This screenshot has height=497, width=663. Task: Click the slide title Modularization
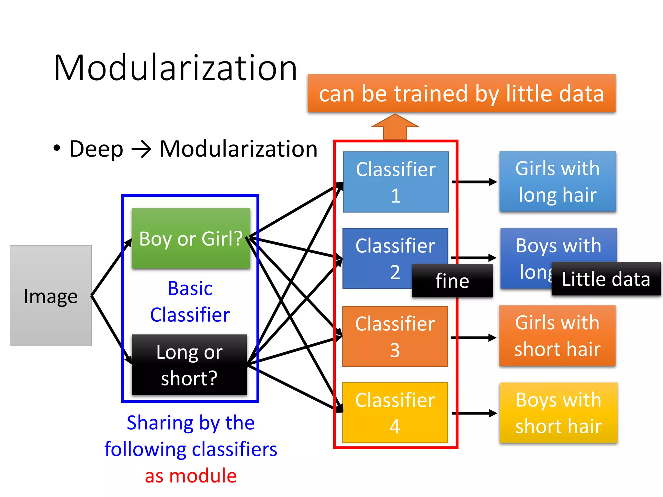tap(175, 68)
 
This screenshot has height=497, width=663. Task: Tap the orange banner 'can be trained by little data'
tap(461, 93)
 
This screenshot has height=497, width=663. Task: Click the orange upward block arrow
tap(395, 127)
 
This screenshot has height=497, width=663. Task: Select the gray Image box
tap(51, 296)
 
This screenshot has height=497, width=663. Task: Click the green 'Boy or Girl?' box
tap(191, 238)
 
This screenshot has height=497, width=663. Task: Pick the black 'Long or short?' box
tap(189, 365)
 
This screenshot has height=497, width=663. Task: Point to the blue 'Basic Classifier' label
tap(190, 301)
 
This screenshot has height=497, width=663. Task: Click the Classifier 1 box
tap(396, 182)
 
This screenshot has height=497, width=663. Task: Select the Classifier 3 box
tap(395, 336)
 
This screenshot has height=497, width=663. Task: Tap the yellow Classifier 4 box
tap(395, 413)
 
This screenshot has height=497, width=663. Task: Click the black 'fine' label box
tap(452, 281)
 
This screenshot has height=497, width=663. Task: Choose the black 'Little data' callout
tap(606, 279)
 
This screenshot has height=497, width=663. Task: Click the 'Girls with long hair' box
tap(557, 182)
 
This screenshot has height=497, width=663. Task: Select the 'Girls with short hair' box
tap(557, 336)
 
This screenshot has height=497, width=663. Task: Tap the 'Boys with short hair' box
tap(558, 413)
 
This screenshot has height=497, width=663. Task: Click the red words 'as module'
tap(191, 476)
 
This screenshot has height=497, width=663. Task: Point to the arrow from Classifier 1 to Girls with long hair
tap(474, 182)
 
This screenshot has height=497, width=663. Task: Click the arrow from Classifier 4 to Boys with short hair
tap(474, 413)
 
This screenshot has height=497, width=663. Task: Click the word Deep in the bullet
tap(96, 149)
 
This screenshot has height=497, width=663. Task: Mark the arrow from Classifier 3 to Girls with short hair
tap(473, 338)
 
